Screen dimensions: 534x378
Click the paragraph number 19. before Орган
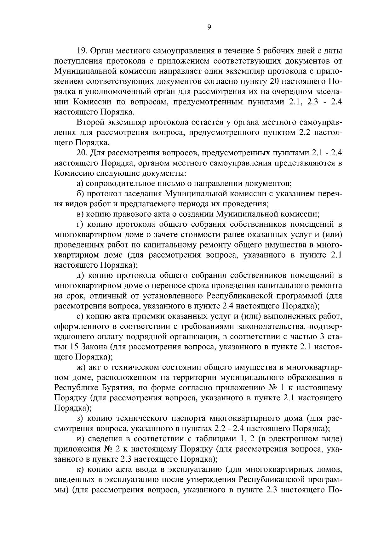pos(83,51)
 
